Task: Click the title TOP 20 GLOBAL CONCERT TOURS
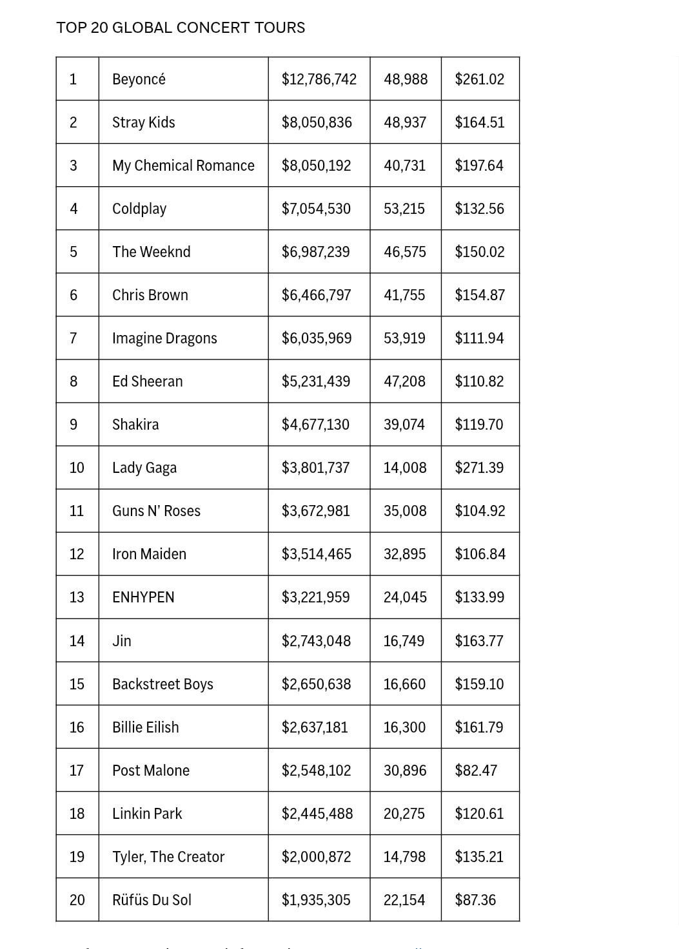pyautogui.click(x=181, y=28)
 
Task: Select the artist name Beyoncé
pyautogui.click(x=139, y=79)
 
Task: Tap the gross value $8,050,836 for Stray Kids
pyautogui.click(x=317, y=122)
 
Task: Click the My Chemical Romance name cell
pyautogui.click(x=183, y=166)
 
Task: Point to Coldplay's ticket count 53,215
pyautogui.click(x=404, y=209)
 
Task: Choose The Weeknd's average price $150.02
pyautogui.click(x=480, y=252)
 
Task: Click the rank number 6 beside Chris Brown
pyautogui.click(x=74, y=295)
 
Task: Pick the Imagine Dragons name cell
pyautogui.click(x=164, y=338)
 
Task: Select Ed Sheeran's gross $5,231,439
pyautogui.click(x=316, y=381)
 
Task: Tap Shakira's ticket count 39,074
pyautogui.click(x=404, y=425)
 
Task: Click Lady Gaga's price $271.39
pyautogui.click(x=479, y=468)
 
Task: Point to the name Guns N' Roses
pyautogui.click(x=156, y=511)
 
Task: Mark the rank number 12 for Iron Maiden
pyautogui.click(x=77, y=554)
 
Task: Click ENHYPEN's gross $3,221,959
pyautogui.click(x=316, y=597)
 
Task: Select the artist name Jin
pyautogui.click(x=122, y=641)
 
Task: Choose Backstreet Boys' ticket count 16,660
pyautogui.click(x=404, y=684)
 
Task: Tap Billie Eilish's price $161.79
pyautogui.click(x=479, y=727)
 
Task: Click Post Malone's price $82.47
pyautogui.click(x=476, y=771)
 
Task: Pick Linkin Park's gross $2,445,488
pyautogui.click(x=317, y=814)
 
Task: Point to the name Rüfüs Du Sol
pyautogui.click(x=152, y=900)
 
